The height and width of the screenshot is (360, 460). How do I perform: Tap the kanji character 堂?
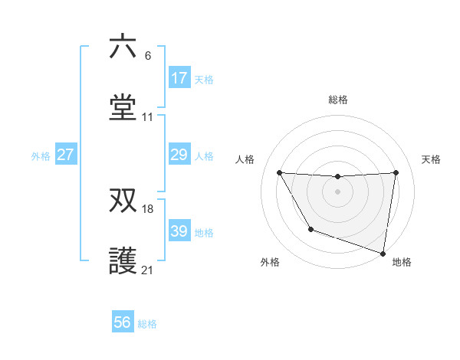tap(123, 108)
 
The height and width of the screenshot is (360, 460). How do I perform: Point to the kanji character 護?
tap(123, 261)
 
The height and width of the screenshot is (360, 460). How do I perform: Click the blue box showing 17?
tap(179, 78)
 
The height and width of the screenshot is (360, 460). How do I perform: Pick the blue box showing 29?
tap(179, 155)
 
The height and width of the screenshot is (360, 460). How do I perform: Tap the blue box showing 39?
tap(179, 231)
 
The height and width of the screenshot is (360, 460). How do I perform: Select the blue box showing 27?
tap(65, 155)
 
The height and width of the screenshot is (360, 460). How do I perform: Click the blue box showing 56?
tap(123, 322)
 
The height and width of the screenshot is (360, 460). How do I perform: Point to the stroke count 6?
tap(148, 55)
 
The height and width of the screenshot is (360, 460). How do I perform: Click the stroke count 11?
tap(148, 117)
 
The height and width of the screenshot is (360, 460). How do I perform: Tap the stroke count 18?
tap(149, 208)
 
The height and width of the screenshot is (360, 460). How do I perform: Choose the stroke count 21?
tap(148, 270)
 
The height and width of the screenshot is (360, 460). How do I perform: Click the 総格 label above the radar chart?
tap(338, 100)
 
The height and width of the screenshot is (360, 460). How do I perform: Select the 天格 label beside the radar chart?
tap(431, 159)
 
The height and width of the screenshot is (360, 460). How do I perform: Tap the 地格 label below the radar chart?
tap(402, 262)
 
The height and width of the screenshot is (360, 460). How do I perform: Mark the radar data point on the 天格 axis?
tap(396, 173)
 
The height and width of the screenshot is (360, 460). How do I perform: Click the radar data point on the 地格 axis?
tap(383, 252)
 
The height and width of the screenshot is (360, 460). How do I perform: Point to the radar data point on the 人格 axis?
tap(279, 173)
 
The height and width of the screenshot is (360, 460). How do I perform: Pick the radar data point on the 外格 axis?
tap(310, 229)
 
